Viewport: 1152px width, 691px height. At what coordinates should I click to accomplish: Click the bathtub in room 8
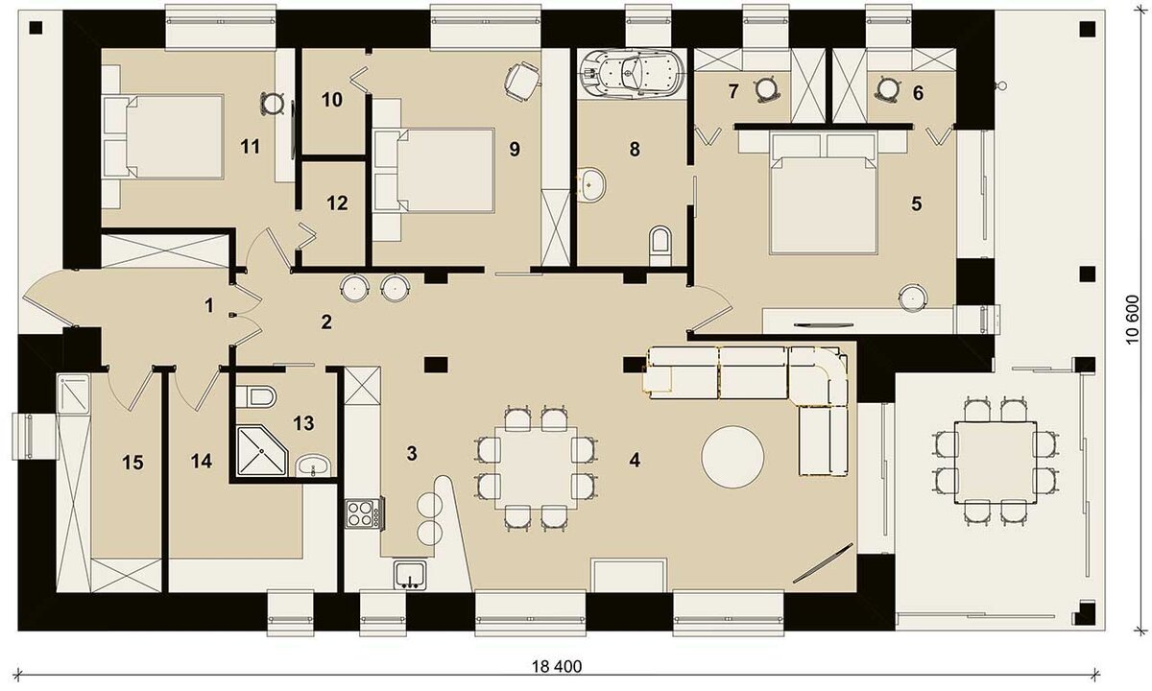click(630, 73)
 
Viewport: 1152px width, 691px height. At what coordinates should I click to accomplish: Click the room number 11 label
click(251, 146)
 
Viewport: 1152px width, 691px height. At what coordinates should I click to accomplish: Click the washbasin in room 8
click(593, 183)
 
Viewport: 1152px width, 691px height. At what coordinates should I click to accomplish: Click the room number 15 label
click(132, 463)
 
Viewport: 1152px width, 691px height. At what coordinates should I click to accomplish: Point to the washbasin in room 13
click(312, 467)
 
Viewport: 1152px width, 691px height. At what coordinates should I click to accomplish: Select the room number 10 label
click(331, 99)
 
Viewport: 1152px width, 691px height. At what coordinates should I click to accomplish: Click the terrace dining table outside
click(986, 460)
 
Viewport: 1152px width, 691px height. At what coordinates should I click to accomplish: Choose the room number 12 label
click(336, 203)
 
